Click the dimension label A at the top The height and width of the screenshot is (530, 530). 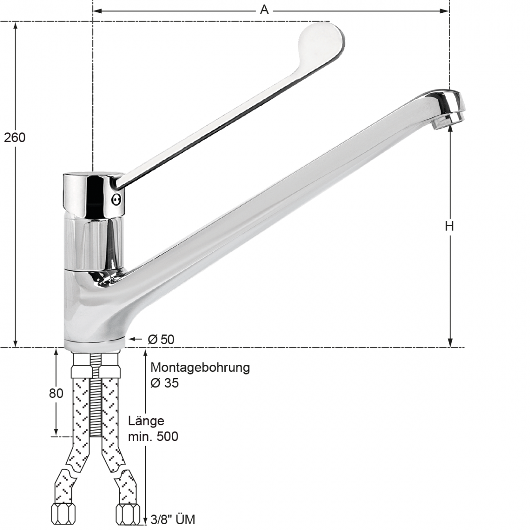point(264,10)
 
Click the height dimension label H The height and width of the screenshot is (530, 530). point(449,226)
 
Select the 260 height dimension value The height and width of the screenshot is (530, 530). point(15,137)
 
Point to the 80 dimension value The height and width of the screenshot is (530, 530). point(56,393)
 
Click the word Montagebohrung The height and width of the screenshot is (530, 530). point(200,367)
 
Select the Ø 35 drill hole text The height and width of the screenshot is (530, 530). point(165,383)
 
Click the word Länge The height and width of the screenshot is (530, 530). point(146,421)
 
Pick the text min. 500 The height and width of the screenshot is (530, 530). point(153,437)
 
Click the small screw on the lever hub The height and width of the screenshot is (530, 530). point(117,200)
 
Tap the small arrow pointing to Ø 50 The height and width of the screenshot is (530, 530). point(134,339)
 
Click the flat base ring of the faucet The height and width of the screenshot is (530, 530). point(95,345)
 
